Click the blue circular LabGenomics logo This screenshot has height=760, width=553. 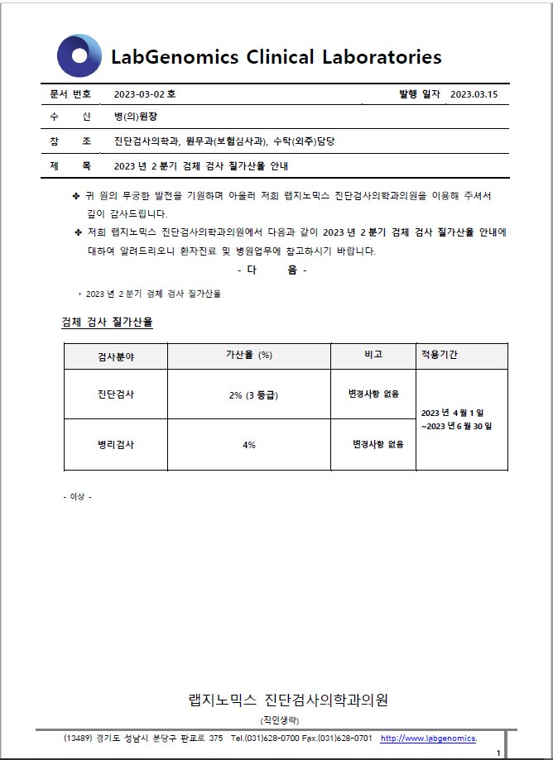(79, 56)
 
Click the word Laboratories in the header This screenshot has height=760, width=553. (382, 57)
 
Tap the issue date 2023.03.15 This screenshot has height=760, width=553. (474, 94)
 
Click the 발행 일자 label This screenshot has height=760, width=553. (420, 94)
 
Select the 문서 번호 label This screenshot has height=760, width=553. (70, 94)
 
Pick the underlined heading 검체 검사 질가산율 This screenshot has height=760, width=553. (108, 321)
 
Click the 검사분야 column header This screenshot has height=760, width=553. (116, 356)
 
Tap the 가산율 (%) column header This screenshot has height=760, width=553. (249, 355)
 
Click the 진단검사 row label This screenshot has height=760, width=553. (116, 394)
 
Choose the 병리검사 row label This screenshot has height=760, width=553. (116, 444)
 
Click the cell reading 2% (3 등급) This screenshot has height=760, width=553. (253, 395)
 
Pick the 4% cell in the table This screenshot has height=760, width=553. (249, 445)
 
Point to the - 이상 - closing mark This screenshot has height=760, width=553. (77, 496)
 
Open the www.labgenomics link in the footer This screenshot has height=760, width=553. (428, 738)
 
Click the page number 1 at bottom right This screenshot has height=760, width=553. (498, 753)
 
